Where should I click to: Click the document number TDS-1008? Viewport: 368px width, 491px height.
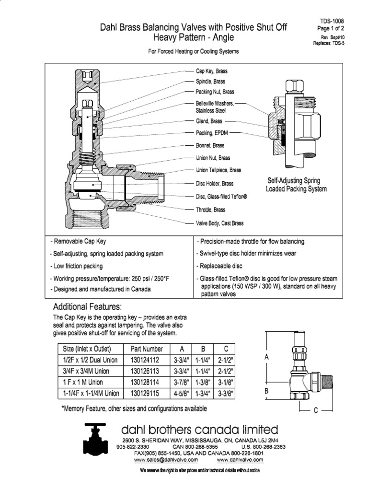[x=332, y=21]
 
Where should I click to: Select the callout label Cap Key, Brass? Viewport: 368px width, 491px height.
[x=211, y=71]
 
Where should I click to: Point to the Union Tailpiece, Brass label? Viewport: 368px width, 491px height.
[x=218, y=170]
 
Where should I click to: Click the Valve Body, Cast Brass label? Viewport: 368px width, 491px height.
[x=219, y=223]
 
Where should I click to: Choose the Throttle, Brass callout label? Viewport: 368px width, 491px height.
[x=210, y=210]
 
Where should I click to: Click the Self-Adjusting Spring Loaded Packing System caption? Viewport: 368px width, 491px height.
[x=296, y=185]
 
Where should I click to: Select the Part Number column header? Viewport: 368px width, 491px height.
[x=146, y=349]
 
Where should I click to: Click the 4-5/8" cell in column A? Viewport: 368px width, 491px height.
[x=181, y=393]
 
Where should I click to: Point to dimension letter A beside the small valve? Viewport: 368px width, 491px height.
[x=266, y=357]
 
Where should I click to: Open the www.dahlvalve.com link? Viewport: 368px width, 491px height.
[x=240, y=459]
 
